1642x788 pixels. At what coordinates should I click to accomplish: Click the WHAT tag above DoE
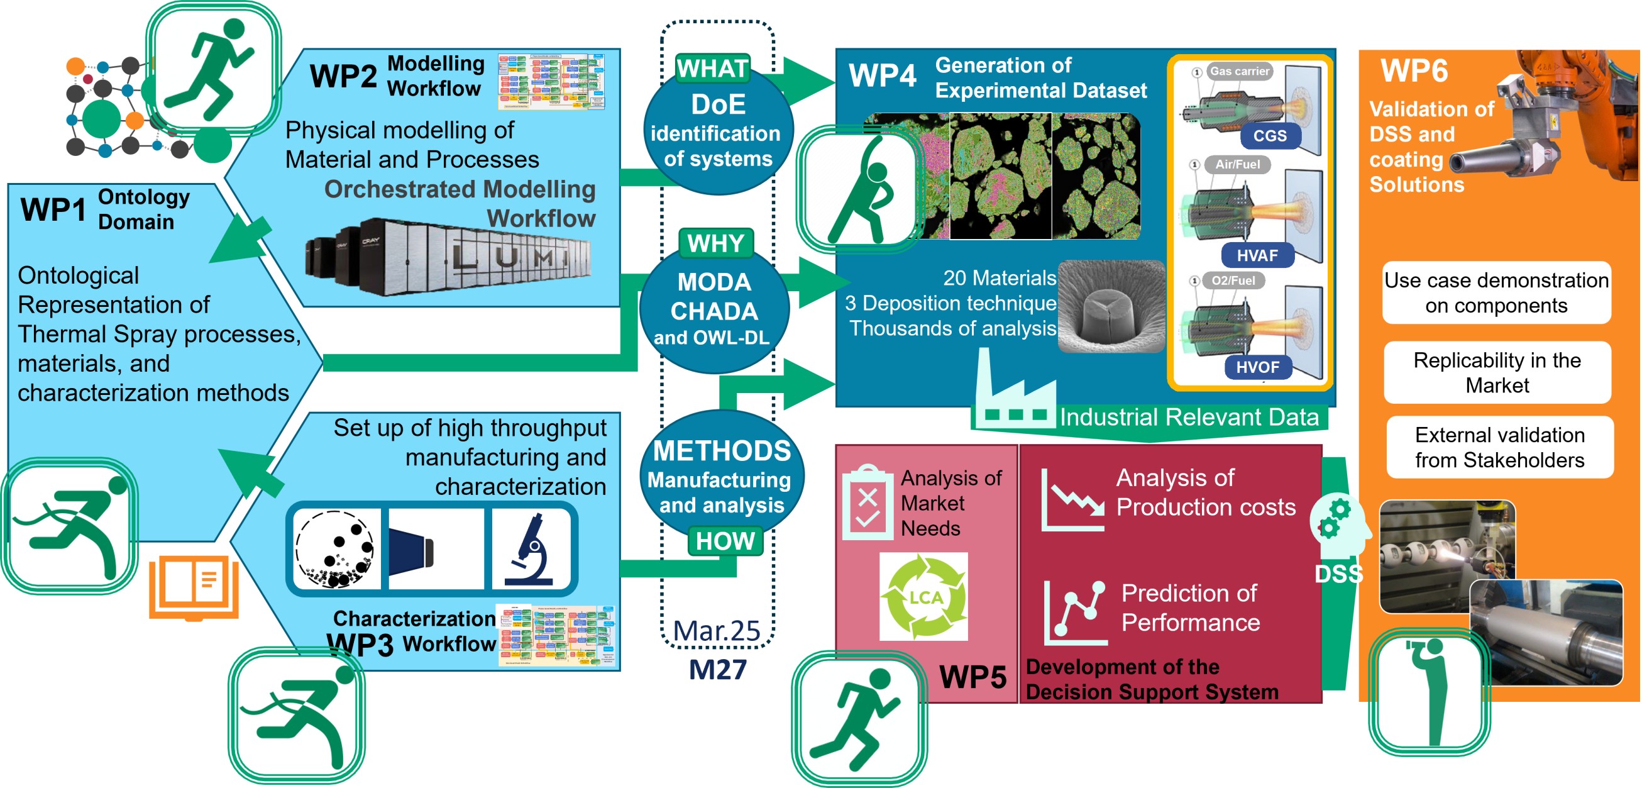[712, 68]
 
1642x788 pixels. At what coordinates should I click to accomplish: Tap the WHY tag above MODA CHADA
[716, 243]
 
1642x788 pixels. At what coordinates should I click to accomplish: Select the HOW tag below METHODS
[725, 541]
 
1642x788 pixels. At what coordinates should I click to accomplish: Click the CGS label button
[1269, 136]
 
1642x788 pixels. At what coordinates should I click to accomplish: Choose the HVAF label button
[1257, 256]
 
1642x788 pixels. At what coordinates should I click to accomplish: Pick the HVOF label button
[1257, 367]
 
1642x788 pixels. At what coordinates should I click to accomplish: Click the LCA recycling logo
[923, 597]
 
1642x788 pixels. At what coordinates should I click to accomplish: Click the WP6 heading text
[1414, 71]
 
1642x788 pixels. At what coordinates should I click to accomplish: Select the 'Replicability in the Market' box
[1497, 372]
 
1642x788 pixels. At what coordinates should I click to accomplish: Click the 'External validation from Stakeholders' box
[1499, 448]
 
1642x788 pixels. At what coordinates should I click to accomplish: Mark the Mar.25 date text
[717, 631]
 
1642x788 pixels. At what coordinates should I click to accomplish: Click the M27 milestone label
[718, 669]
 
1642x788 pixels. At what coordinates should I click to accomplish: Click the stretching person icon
[861, 189]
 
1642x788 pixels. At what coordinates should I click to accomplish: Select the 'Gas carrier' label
[1238, 72]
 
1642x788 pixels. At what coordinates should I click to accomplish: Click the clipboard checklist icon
[867, 502]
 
